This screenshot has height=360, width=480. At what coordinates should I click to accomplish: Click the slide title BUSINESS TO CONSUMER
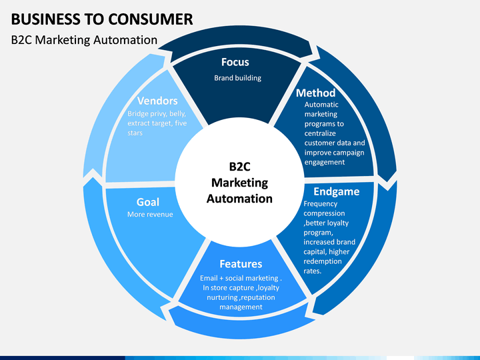click(x=102, y=19)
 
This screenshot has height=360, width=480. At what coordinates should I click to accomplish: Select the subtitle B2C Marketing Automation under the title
click(x=84, y=40)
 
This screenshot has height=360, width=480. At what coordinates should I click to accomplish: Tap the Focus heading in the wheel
click(x=235, y=62)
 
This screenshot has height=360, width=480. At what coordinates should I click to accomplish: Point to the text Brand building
click(x=237, y=78)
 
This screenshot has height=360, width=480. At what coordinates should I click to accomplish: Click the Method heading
click(x=315, y=93)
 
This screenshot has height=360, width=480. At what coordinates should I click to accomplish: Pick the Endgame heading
click(x=337, y=191)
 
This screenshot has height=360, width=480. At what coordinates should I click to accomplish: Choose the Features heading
click(x=241, y=264)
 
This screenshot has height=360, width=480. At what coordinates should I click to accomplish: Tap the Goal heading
click(x=148, y=202)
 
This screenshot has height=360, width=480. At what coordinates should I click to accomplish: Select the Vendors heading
click(x=157, y=101)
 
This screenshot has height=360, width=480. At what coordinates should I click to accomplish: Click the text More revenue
click(x=150, y=214)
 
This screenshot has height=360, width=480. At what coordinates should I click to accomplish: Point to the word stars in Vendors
click(x=135, y=133)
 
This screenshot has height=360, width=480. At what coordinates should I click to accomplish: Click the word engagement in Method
click(x=325, y=163)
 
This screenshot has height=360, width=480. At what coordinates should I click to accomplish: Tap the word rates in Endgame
click(x=312, y=271)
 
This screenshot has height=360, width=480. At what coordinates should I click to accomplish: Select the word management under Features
click(x=241, y=307)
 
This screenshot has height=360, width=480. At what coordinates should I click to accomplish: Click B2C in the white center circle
click(x=240, y=167)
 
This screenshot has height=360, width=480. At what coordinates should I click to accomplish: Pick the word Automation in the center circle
click(x=239, y=199)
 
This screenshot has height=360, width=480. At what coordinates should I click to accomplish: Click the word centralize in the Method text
click(x=320, y=133)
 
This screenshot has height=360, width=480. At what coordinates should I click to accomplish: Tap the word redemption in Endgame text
click(x=323, y=261)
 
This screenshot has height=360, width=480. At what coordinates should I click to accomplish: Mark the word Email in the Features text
click(x=209, y=278)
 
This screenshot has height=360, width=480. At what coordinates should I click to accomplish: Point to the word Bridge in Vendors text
click(x=139, y=114)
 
